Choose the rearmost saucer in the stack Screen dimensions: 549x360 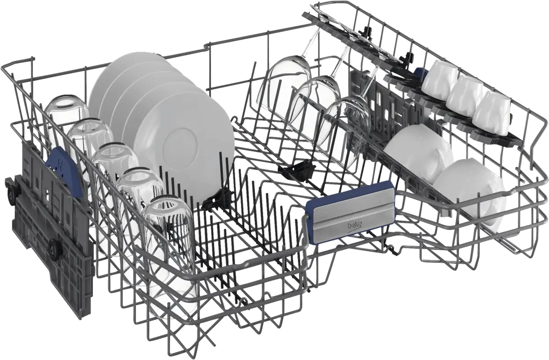pyautogui.click(x=128, y=78)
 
